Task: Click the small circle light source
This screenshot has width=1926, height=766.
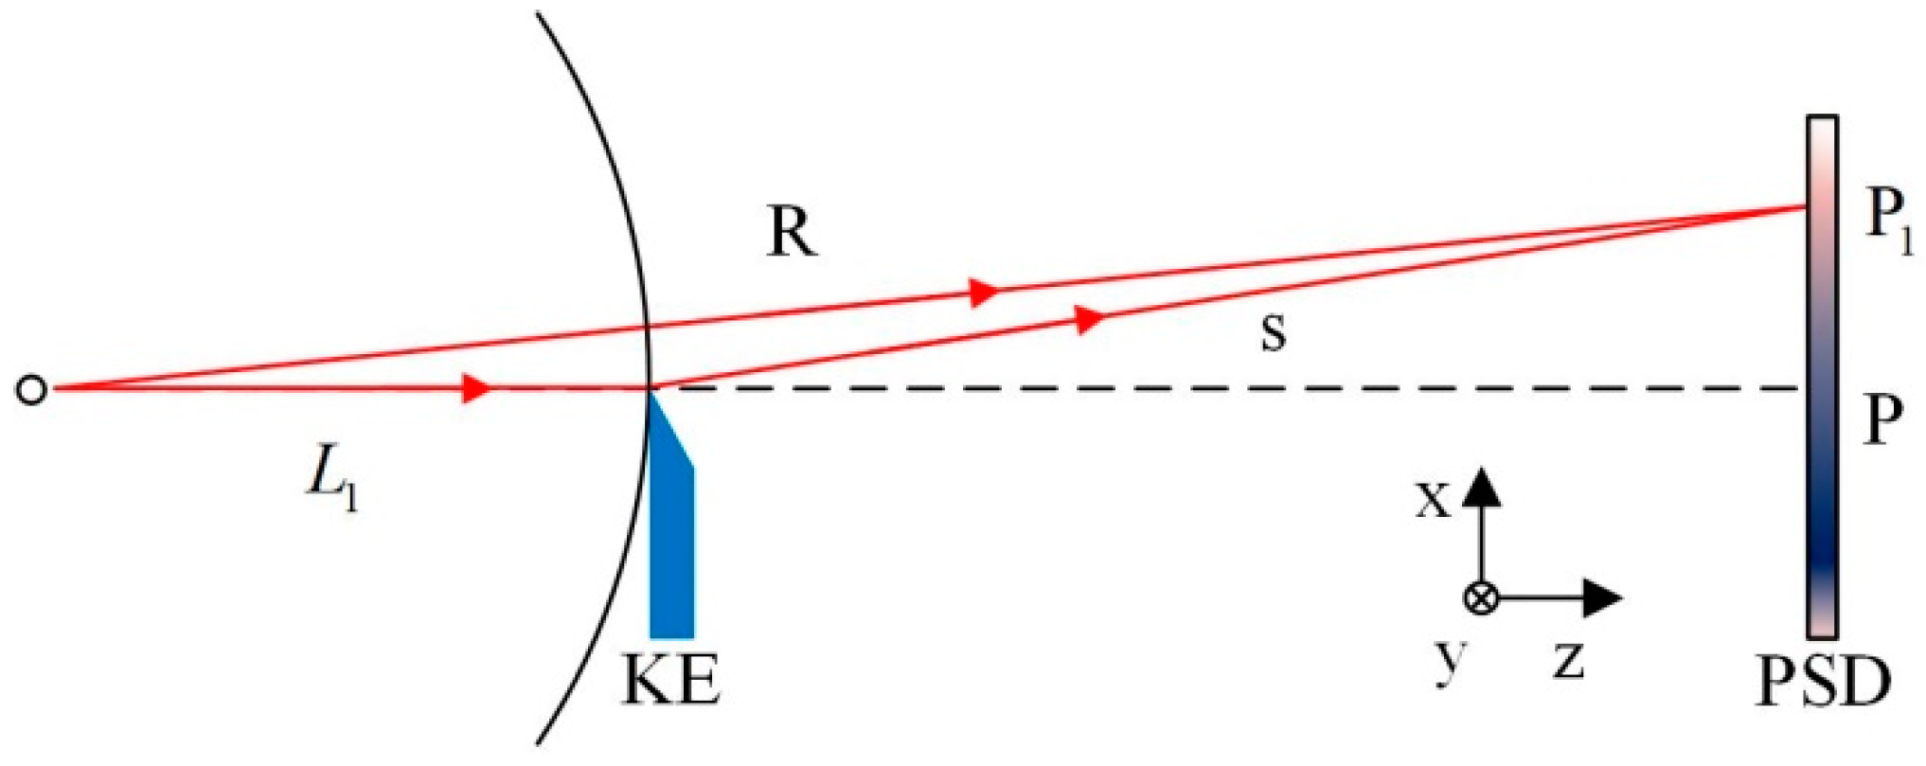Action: click(31, 390)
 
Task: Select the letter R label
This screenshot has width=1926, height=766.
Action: click(792, 231)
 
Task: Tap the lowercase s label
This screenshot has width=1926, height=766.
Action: click(1274, 332)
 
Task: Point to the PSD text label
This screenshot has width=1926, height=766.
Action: click(1823, 682)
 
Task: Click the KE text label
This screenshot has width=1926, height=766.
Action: click(670, 680)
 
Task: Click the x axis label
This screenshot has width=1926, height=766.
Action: click(1432, 500)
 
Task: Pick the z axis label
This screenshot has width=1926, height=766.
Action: click(1568, 659)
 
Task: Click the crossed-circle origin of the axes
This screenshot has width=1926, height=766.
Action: click(1481, 598)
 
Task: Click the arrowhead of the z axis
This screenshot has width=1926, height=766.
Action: click(1604, 597)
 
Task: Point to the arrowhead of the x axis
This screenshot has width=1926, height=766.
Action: click(1482, 484)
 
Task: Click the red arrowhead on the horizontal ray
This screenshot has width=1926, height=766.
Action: click(476, 388)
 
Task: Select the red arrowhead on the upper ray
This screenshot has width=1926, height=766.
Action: click(985, 292)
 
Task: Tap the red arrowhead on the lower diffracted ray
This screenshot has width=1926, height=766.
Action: click(1092, 319)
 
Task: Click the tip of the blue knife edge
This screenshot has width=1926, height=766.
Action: click(651, 390)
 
